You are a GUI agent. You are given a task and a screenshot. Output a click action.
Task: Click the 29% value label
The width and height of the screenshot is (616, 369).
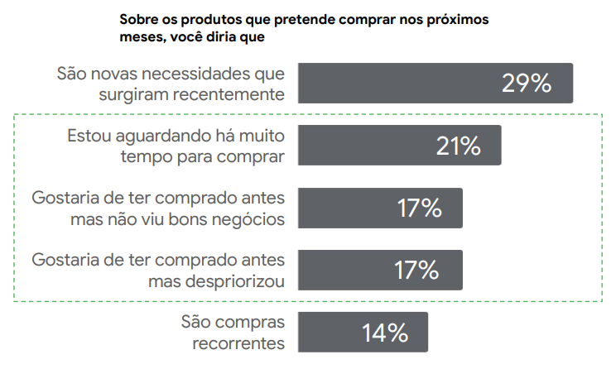(x=526, y=83)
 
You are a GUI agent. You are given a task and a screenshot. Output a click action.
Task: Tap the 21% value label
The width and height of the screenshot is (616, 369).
(x=458, y=146)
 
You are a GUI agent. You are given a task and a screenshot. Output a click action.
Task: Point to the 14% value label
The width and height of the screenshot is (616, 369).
(x=385, y=333)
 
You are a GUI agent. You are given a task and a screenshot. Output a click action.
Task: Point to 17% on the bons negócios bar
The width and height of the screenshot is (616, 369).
(x=418, y=208)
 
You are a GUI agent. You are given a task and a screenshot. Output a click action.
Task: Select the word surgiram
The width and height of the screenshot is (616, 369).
(x=132, y=93)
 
